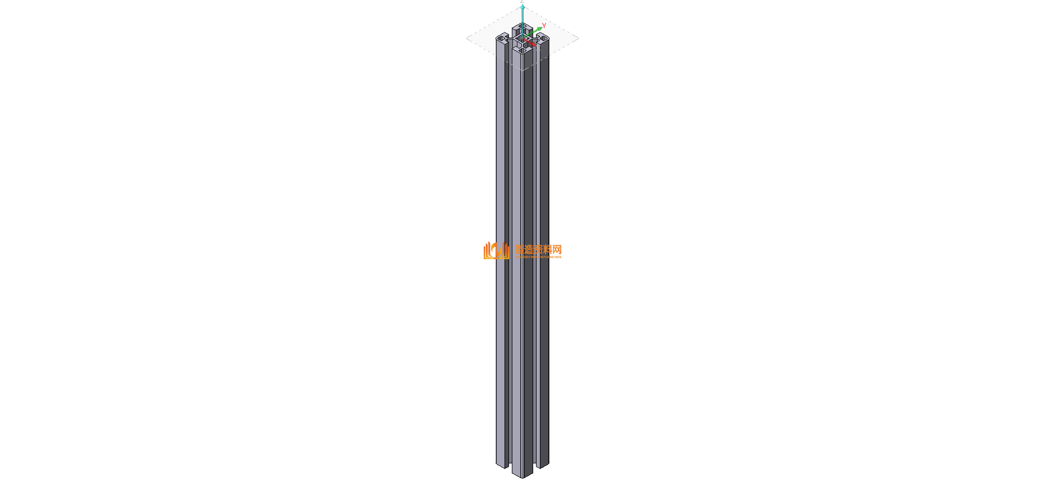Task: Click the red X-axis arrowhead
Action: [x=533, y=44]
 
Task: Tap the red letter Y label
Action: [x=544, y=25]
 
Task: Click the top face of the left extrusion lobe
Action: [x=502, y=38]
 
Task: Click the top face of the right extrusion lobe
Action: [x=543, y=38]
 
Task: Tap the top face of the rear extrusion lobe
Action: [x=518, y=27]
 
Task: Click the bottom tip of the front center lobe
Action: [x=522, y=476]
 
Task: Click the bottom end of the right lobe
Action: [x=543, y=465]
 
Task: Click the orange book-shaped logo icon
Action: [x=496, y=251]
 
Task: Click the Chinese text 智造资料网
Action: [x=538, y=249]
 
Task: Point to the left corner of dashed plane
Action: [x=467, y=38]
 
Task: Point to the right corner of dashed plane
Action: [x=578, y=38]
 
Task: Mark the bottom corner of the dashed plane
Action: [x=522, y=71]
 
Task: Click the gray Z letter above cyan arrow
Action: [x=522, y=2]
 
